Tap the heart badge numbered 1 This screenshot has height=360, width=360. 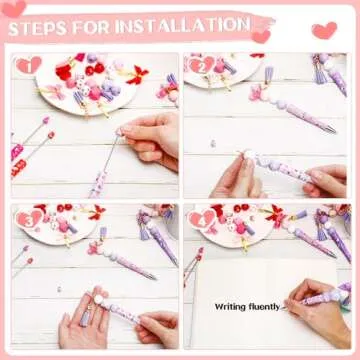pos(29,66)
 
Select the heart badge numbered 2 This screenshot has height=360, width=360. pos(202,66)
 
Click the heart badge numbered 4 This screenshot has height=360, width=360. pos(202,219)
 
